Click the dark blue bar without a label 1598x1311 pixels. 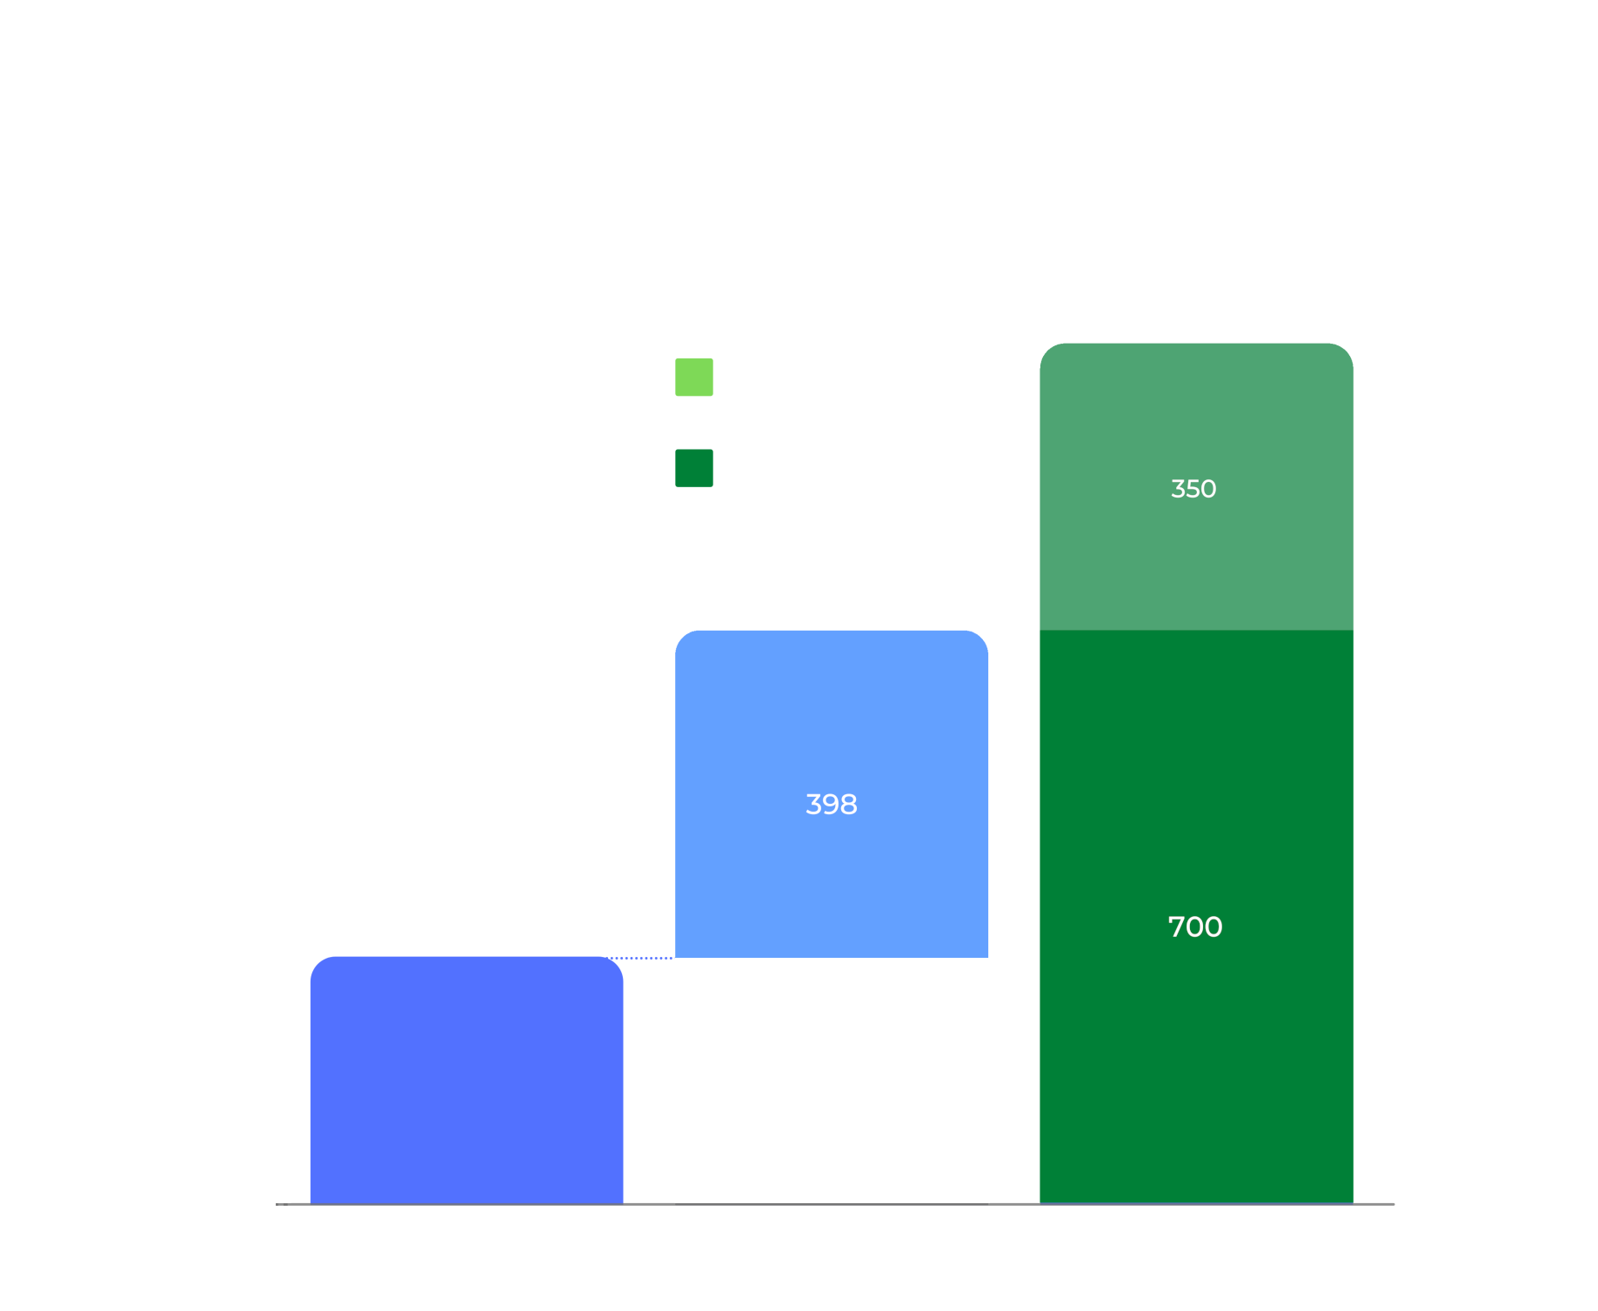click(x=466, y=1080)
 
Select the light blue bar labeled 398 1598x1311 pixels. click(x=831, y=793)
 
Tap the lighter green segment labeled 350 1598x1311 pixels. click(x=1196, y=486)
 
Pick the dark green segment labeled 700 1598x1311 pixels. click(x=1196, y=917)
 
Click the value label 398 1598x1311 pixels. click(x=832, y=805)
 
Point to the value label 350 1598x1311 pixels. click(x=1193, y=489)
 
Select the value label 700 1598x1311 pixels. click(x=1195, y=927)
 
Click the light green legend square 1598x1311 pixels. click(x=694, y=377)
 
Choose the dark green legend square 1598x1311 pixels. click(x=694, y=468)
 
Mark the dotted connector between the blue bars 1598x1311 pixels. click(x=639, y=958)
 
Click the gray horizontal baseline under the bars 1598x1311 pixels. click(x=835, y=1204)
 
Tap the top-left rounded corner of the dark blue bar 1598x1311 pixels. click(x=317, y=962)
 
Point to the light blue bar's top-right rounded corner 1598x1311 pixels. click(x=982, y=636)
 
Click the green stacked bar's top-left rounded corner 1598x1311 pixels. click(x=1046, y=349)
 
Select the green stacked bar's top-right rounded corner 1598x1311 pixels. click(x=1347, y=349)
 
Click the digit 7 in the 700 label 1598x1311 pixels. click(x=1175, y=927)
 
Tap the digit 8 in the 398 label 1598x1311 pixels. click(x=849, y=805)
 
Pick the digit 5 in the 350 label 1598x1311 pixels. click(x=1193, y=489)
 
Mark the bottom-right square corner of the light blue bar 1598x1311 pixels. click(x=987, y=957)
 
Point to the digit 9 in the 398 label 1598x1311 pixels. click(x=831, y=805)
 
